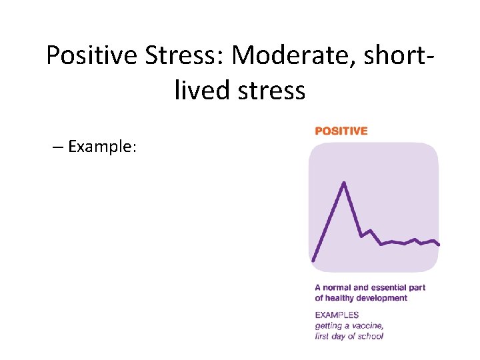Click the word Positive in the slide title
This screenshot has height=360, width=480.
tap(91, 56)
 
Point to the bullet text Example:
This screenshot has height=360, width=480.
tap(102, 147)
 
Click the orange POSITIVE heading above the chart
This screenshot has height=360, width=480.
tap(341, 131)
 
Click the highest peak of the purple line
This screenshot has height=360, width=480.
tap(344, 182)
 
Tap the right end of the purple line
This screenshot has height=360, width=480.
tap(439, 245)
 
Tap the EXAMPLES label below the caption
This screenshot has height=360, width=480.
tap(337, 315)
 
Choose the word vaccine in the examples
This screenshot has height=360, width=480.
tap(367, 325)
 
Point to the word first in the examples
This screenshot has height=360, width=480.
tap(324, 336)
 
